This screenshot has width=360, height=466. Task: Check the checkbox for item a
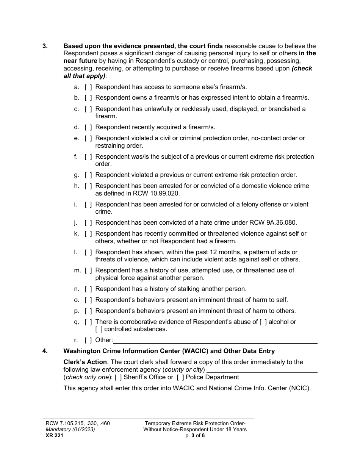[88, 87]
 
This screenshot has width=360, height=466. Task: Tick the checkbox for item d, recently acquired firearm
[88, 127]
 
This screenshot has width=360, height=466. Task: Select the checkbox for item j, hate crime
[88, 223]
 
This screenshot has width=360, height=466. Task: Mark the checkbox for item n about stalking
[88, 289]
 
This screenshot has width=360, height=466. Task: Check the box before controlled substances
[99, 329]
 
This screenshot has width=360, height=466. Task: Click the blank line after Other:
[215, 340]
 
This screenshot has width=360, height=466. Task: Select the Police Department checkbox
[180, 377]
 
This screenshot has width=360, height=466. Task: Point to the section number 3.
[45, 46]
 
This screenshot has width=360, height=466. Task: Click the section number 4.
[45, 351]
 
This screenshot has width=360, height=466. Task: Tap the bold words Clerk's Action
[85, 362]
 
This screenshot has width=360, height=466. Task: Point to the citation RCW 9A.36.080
[265, 223]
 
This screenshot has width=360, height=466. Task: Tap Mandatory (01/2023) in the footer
[70, 430]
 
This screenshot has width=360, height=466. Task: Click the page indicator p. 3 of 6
[195, 436]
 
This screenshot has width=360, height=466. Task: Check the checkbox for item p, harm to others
[88, 311]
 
